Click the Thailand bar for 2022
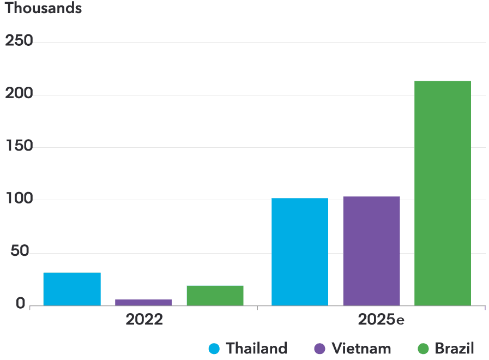point(72,289)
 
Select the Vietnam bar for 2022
point(143,302)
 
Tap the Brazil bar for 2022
point(215,295)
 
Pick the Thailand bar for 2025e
point(300,251)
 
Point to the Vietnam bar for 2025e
point(371,251)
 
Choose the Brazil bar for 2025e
point(443,193)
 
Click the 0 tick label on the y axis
point(21,304)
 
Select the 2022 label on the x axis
point(144,320)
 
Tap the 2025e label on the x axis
point(381,320)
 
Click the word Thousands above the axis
point(43,9)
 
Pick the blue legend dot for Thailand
point(214,349)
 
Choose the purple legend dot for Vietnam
point(320,349)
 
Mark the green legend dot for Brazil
point(423,349)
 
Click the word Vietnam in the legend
point(361,349)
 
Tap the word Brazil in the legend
point(454,349)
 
